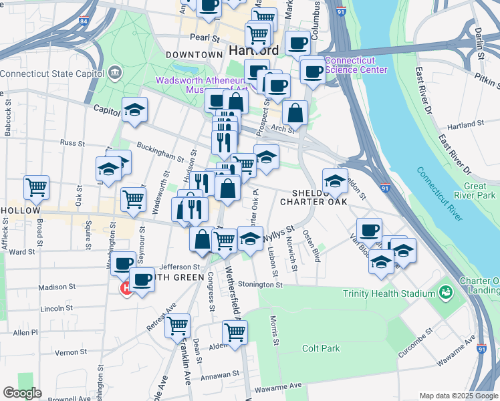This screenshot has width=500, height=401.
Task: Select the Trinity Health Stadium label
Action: (387, 293)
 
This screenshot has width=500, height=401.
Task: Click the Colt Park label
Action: (321, 348)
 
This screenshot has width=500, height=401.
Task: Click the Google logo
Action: (21, 393)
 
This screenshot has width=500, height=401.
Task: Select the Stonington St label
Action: (259, 284)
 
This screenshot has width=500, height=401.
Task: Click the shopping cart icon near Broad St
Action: (37, 187)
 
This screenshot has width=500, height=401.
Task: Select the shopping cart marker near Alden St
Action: (235, 332)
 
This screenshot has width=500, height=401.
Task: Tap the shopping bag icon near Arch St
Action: (295, 113)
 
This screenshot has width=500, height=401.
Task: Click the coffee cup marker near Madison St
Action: (141, 279)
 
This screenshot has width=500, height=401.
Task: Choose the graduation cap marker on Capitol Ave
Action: (134, 110)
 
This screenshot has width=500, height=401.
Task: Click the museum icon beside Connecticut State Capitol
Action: (114, 72)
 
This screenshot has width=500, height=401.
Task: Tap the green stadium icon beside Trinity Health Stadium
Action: (445, 293)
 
